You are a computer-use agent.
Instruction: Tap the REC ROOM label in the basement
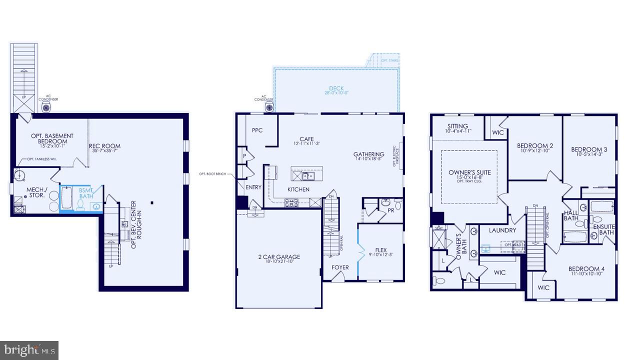[x=104, y=146]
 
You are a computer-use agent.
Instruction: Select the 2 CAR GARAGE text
[x=279, y=257]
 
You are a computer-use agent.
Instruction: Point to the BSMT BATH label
[x=86, y=193]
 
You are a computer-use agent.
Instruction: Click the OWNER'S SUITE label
[x=469, y=172]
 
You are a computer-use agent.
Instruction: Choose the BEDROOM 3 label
[x=589, y=149]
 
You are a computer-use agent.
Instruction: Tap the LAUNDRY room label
[x=502, y=230]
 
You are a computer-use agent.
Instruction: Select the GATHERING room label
[x=368, y=154]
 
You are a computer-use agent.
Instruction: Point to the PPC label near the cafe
[x=257, y=130]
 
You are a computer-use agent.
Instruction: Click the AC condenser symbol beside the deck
[x=270, y=107]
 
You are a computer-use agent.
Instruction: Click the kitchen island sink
[x=306, y=175]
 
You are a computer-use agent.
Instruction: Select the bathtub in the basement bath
[x=66, y=197]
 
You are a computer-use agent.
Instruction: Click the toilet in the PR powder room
[x=397, y=204]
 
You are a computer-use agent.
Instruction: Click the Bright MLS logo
[x=29, y=350]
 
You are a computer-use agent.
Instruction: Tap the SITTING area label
[x=457, y=126]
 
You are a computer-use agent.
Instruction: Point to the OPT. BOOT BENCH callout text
[x=212, y=174]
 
